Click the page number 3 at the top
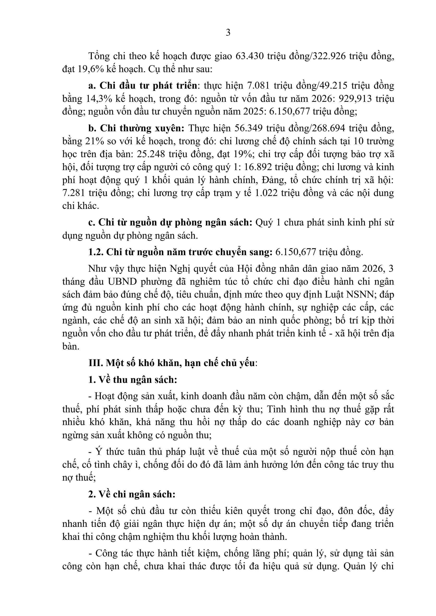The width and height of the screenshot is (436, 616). point(228,33)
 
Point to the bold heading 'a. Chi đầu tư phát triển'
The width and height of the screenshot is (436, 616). point(143,86)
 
